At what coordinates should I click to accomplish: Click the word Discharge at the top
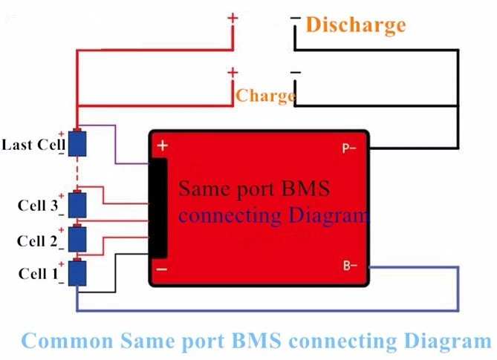pyautogui.click(x=356, y=25)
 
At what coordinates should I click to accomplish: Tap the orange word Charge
pyautogui.click(x=266, y=96)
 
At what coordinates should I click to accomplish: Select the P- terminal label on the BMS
pyautogui.click(x=349, y=148)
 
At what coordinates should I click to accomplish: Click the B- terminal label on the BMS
pyautogui.click(x=350, y=265)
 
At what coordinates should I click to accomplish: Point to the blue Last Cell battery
pyautogui.click(x=77, y=143)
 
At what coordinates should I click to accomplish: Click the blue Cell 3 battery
pyautogui.click(x=77, y=205)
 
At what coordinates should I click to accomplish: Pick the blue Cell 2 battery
pyautogui.click(x=77, y=239)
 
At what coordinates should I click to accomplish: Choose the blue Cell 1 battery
pyautogui.click(x=77, y=273)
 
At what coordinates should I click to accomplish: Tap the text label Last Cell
pyautogui.click(x=33, y=145)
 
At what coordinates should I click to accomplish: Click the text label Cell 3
pyautogui.click(x=38, y=206)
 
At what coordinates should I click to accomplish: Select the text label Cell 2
pyautogui.click(x=37, y=241)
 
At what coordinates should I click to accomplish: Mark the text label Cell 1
pyautogui.click(x=39, y=274)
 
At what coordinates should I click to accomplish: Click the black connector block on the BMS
pyautogui.click(x=158, y=209)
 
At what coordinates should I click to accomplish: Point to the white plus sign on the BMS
pyautogui.click(x=163, y=145)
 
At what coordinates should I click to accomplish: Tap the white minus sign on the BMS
pyautogui.click(x=162, y=269)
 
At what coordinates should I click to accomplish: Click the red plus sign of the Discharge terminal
pyautogui.click(x=233, y=18)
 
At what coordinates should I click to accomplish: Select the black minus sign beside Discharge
pyautogui.click(x=296, y=18)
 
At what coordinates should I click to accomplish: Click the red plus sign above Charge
pyautogui.click(x=233, y=73)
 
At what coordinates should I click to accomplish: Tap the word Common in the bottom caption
pyautogui.click(x=67, y=341)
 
